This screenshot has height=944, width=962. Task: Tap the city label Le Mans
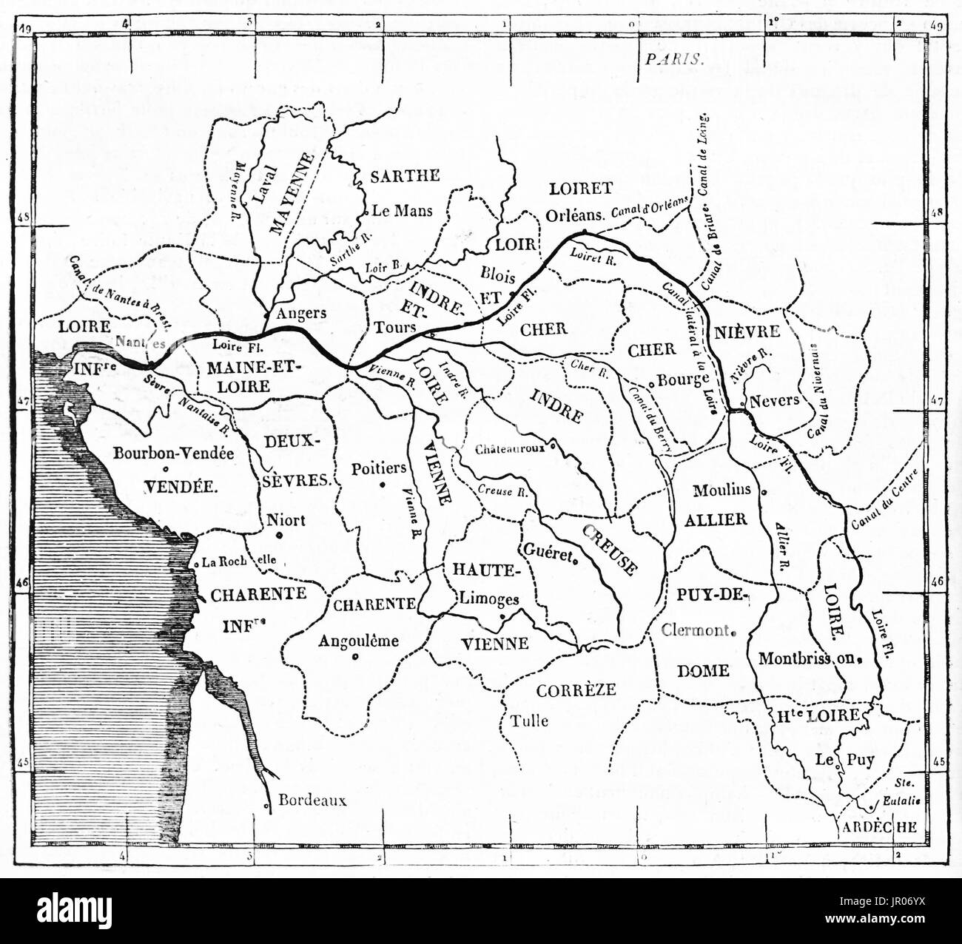click(402, 210)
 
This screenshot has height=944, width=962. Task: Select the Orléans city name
click(576, 214)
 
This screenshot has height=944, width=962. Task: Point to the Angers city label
click(300, 313)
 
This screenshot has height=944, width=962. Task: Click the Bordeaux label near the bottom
click(312, 800)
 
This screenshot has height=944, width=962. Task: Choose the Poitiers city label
click(379, 468)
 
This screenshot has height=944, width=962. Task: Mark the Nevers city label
click(774, 400)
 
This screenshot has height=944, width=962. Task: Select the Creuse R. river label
click(502, 490)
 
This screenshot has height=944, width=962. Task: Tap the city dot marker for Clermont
click(732, 632)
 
